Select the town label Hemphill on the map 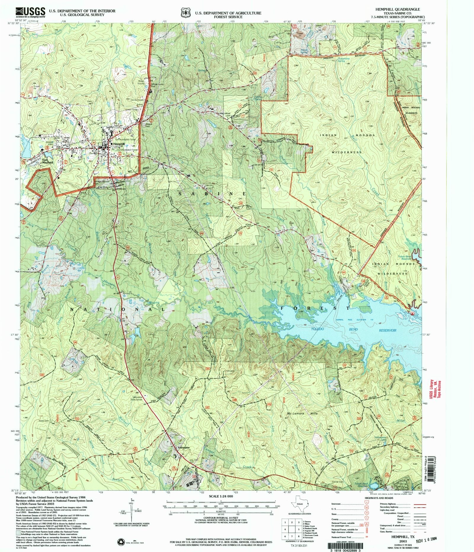coord(119,144)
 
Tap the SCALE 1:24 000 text coord(221,496)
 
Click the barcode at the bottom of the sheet coord(351,543)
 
